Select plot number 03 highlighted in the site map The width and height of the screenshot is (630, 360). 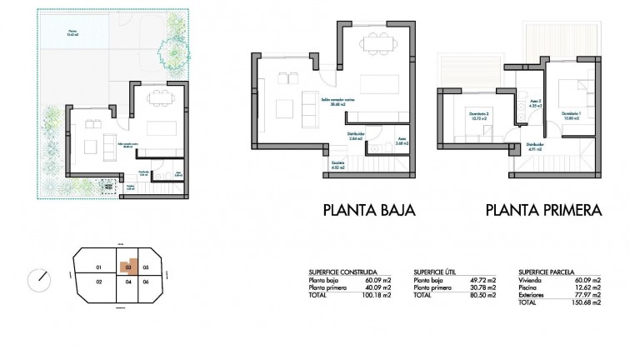128,267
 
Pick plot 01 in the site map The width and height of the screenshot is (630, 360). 98,267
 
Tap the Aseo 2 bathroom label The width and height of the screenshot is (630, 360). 535,106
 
